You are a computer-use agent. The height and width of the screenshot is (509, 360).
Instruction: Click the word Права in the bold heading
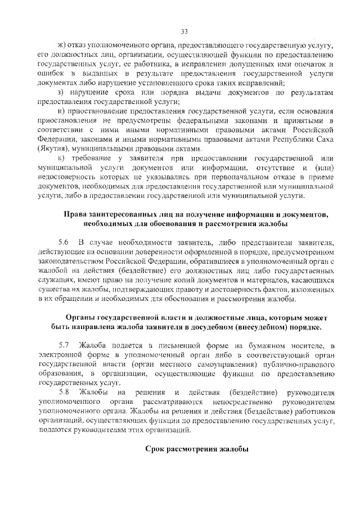76,214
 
